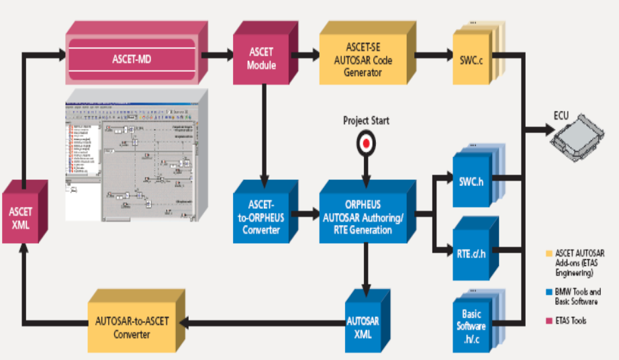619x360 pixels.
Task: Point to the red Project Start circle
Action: [x=365, y=143]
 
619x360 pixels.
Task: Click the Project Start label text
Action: [x=365, y=121]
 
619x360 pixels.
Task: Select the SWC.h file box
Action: [x=472, y=181]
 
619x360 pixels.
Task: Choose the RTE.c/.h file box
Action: [x=471, y=253]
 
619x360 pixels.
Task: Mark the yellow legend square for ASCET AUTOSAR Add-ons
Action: [x=549, y=253]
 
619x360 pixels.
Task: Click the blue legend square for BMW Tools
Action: [x=549, y=292]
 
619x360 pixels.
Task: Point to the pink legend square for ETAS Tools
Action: [x=549, y=321]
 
